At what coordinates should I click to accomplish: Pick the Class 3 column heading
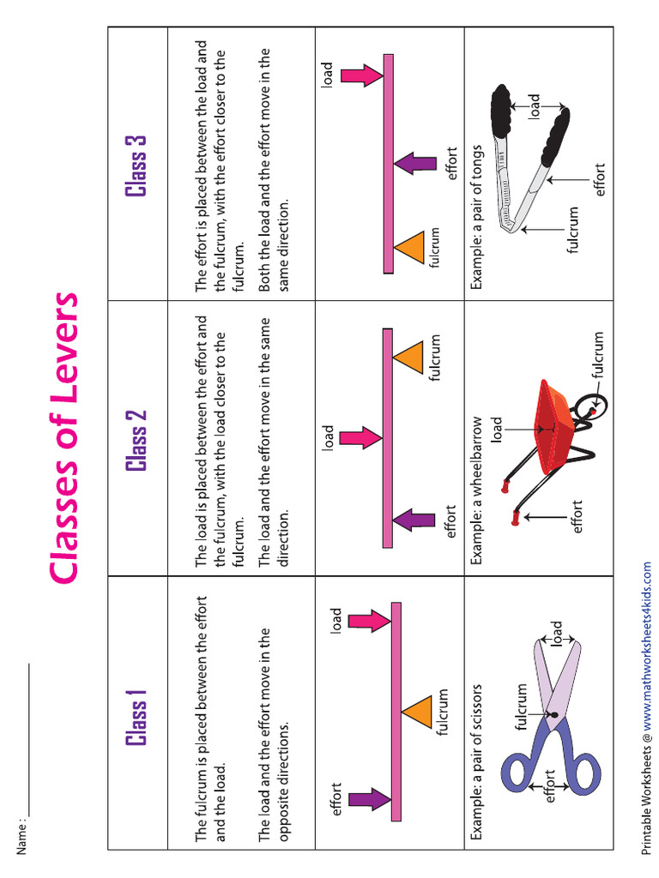136,165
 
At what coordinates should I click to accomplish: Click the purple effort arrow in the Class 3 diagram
416,163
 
